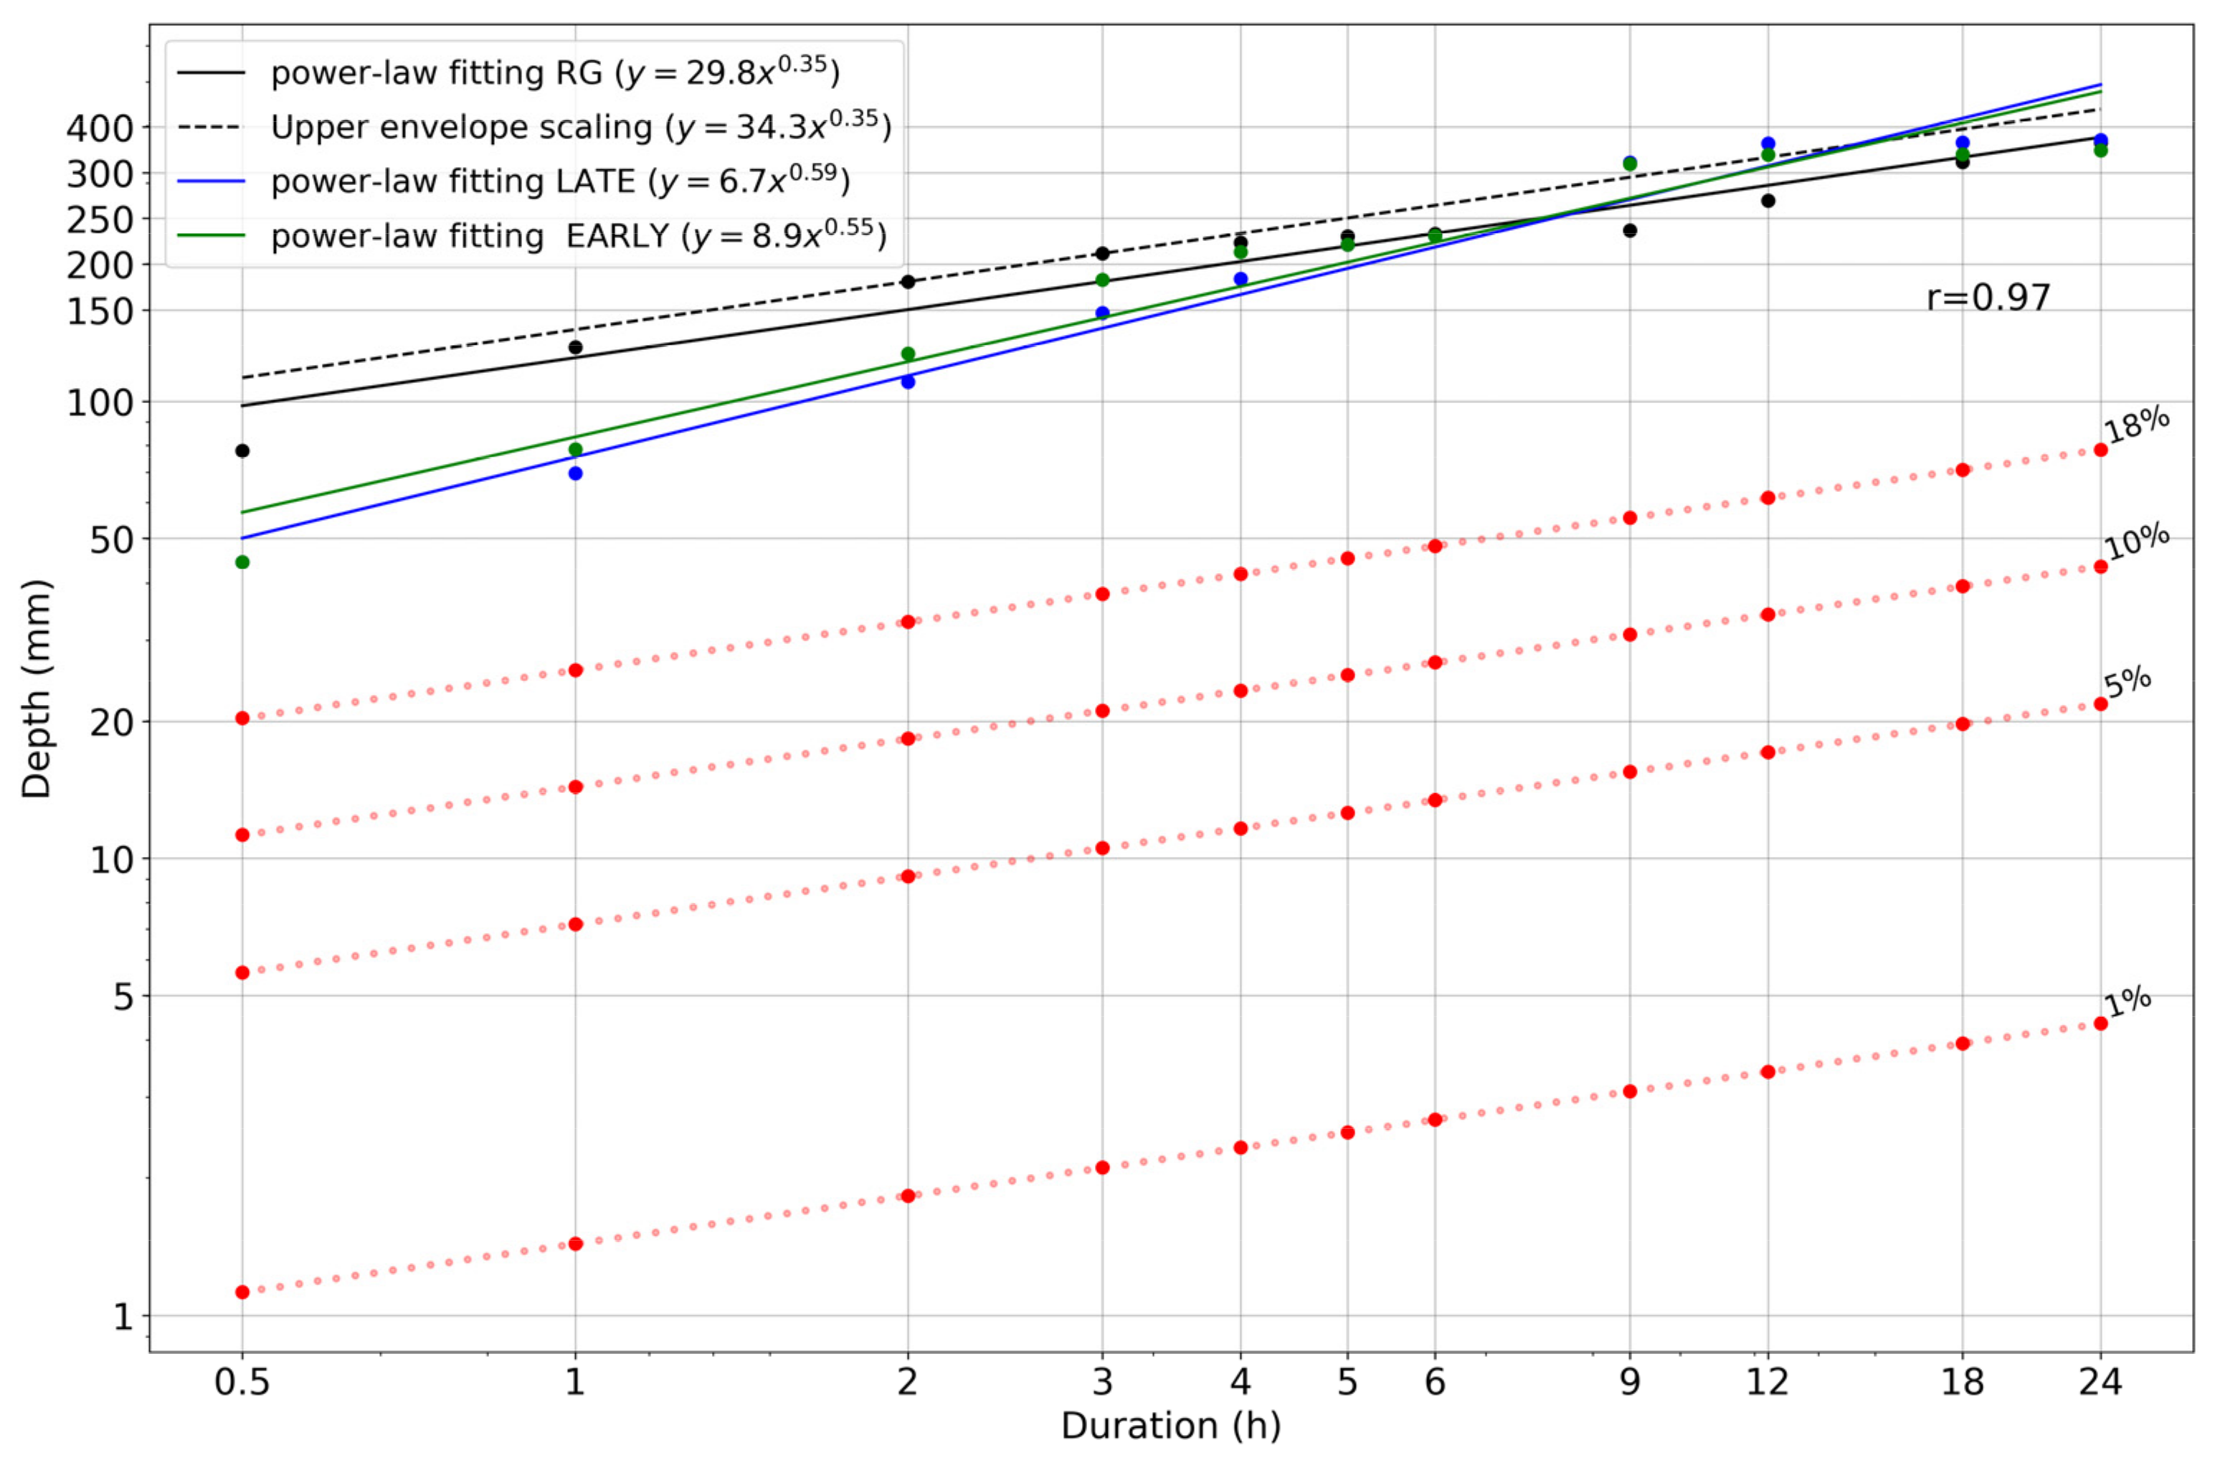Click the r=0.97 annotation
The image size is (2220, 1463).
pyautogui.click(x=1988, y=298)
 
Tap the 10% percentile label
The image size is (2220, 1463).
pyautogui.click(x=2136, y=542)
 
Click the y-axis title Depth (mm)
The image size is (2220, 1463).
pyautogui.click(x=37, y=688)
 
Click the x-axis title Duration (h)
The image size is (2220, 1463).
pyautogui.click(x=1171, y=1426)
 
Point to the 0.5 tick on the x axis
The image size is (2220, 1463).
pyautogui.click(x=242, y=1381)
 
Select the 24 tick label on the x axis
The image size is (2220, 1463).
pyautogui.click(x=2100, y=1381)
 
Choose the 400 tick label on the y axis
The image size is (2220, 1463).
pyautogui.click(x=100, y=128)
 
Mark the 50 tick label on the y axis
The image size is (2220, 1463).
pyautogui.click(x=112, y=539)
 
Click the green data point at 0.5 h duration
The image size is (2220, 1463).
pyautogui.click(x=242, y=562)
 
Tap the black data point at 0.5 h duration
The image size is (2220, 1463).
pyautogui.click(x=242, y=450)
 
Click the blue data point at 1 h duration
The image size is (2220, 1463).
pyautogui.click(x=576, y=473)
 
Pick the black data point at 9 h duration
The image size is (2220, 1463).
pyautogui.click(x=1630, y=230)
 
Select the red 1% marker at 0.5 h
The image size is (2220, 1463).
pyautogui.click(x=242, y=1292)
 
